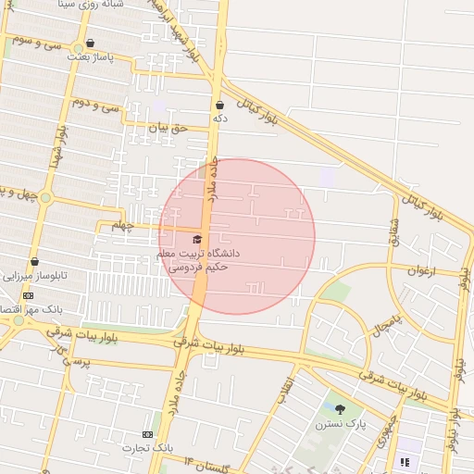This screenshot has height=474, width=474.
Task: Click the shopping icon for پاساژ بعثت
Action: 90,43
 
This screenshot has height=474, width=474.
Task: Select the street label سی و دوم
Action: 101,105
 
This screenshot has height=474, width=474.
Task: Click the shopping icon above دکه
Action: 219,105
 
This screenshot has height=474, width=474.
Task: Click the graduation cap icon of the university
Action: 196,240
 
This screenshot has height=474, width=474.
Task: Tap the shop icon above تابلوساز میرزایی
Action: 34,262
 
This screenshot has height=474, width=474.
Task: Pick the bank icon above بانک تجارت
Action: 147,434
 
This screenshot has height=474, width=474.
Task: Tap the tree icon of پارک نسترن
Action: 339,409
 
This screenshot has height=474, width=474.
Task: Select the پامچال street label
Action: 389,318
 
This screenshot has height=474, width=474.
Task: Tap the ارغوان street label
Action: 426,270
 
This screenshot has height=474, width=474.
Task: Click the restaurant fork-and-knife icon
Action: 404,462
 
